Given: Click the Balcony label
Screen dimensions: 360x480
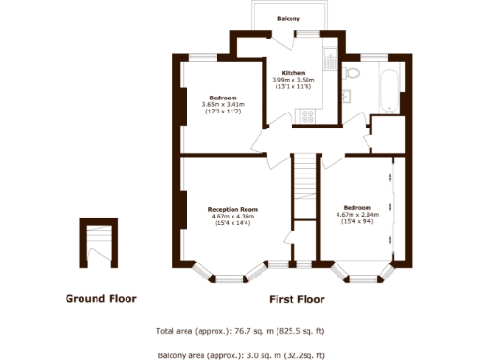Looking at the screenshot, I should pos(289,19).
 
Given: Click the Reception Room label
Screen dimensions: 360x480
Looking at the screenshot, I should pos(232,209).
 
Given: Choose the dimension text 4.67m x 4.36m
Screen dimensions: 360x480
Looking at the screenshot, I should pos(232,217).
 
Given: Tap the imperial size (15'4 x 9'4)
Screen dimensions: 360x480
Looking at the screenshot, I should pos(356,220).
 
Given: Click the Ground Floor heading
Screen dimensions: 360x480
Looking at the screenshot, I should pos(100,299).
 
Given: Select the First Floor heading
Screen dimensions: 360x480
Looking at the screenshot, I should pos(296,300).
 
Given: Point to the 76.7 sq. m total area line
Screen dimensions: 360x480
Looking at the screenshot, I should pos(240,332).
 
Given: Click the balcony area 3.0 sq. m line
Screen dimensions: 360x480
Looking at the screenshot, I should pos(240,354).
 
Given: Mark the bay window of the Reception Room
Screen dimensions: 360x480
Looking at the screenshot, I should pos(232,272).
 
